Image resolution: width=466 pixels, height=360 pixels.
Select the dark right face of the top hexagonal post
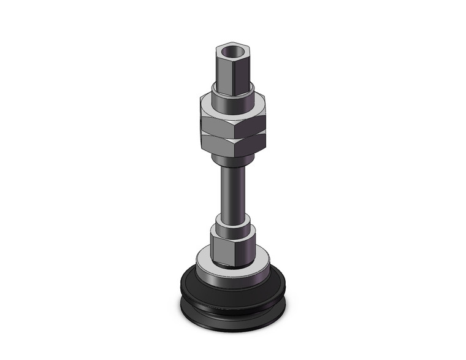243,69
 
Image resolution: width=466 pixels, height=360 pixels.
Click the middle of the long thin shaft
232,190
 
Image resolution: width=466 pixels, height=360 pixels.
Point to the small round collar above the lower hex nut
232,220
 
